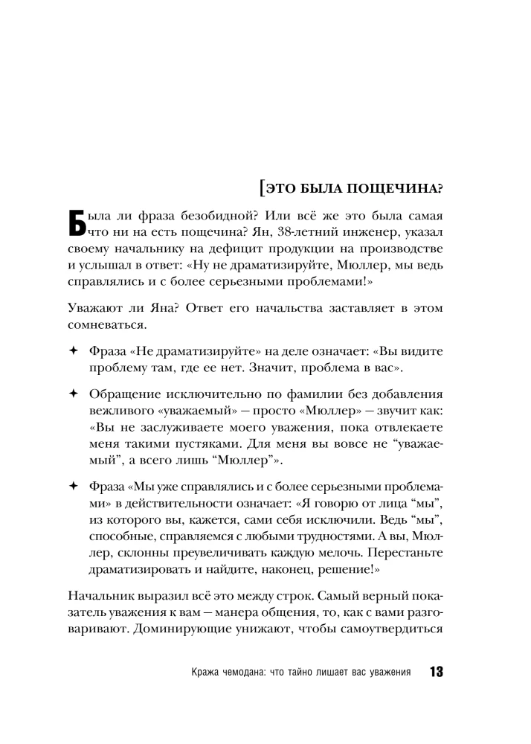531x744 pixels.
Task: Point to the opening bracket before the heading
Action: coord(262,187)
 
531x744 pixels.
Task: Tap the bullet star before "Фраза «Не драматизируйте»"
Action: coord(72,350)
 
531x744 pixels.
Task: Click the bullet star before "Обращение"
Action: coord(72,393)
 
